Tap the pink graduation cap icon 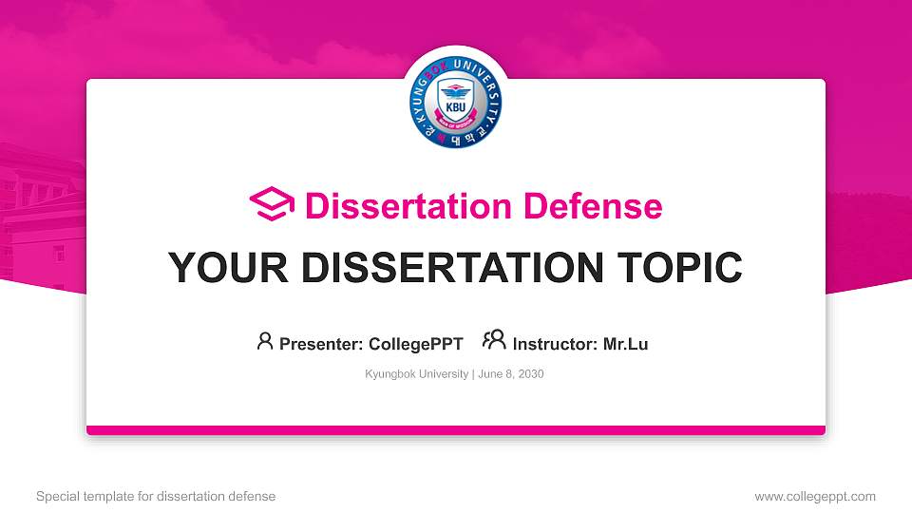tap(272, 205)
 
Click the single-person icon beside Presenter tap(265, 341)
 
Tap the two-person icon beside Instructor tap(494, 341)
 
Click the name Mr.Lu tap(625, 344)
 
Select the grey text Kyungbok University tap(416, 374)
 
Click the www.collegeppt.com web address tap(815, 496)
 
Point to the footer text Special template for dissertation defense tap(156, 496)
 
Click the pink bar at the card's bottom tap(456, 430)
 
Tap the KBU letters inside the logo tap(456, 108)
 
